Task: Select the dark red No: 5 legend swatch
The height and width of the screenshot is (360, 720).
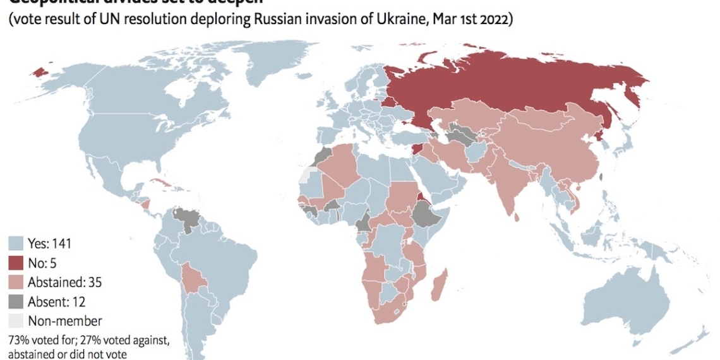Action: click(x=16, y=263)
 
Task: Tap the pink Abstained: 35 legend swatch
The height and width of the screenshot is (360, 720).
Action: click(x=16, y=282)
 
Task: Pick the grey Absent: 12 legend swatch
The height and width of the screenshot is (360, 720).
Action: click(x=16, y=301)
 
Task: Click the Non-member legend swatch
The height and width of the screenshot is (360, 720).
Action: click(x=16, y=321)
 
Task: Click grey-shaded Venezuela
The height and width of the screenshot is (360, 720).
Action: click(x=184, y=219)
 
